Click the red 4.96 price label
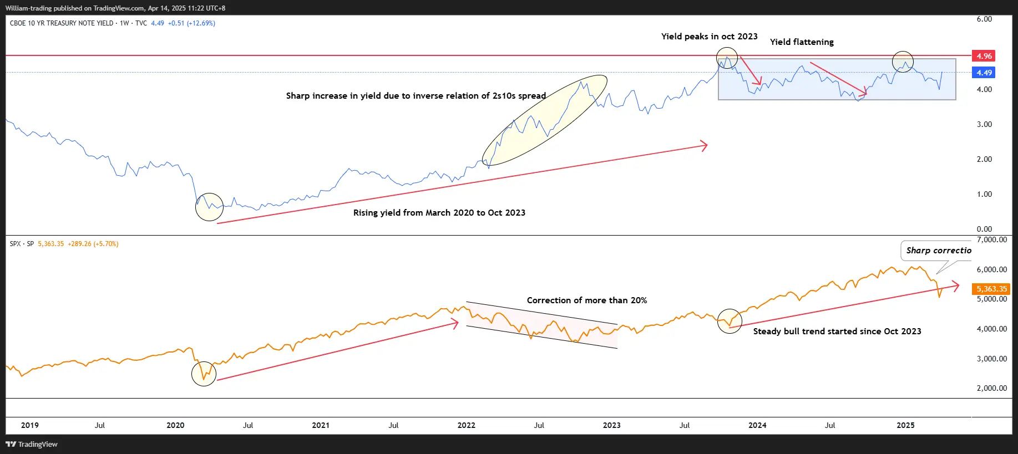click(984, 56)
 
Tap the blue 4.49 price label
click(984, 73)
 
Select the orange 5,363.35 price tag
click(991, 289)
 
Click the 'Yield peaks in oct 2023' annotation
click(709, 37)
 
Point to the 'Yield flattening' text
click(802, 42)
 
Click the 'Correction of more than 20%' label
click(586, 300)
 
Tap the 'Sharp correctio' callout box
click(938, 251)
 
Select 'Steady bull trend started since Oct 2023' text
click(837, 331)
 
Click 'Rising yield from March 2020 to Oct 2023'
click(439, 213)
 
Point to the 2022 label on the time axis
click(466, 425)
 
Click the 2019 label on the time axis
click(30, 425)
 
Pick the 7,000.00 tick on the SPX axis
click(991, 240)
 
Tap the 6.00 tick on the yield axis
click(984, 19)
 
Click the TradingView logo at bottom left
click(32, 444)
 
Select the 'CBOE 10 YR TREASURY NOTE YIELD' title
click(61, 23)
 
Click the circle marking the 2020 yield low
click(209, 207)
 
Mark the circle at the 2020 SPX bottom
click(204, 374)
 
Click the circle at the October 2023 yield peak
click(727, 58)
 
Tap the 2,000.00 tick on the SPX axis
click(991, 388)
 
